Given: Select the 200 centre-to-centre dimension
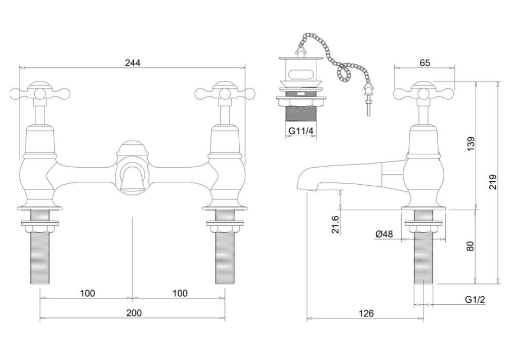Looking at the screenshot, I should pyautogui.click(x=134, y=313).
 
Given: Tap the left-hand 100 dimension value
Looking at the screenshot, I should pyautogui.click(x=87, y=293).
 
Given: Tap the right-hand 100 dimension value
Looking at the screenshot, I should pyautogui.click(x=180, y=293).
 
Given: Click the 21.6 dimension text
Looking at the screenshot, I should pyautogui.click(x=335, y=224).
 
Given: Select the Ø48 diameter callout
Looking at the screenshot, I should pyautogui.click(x=385, y=234).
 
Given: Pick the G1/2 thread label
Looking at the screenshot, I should pyautogui.click(x=475, y=300).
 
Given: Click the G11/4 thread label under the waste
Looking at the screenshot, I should pyautogui.click(x=301, y=131).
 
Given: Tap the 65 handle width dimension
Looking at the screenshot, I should pyautogui.click(x=425, y=63).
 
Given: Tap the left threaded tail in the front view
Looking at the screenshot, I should pyautogui.click(x=40, y=258).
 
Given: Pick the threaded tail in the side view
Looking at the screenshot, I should pyautogui.click(x=423, y=258).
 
